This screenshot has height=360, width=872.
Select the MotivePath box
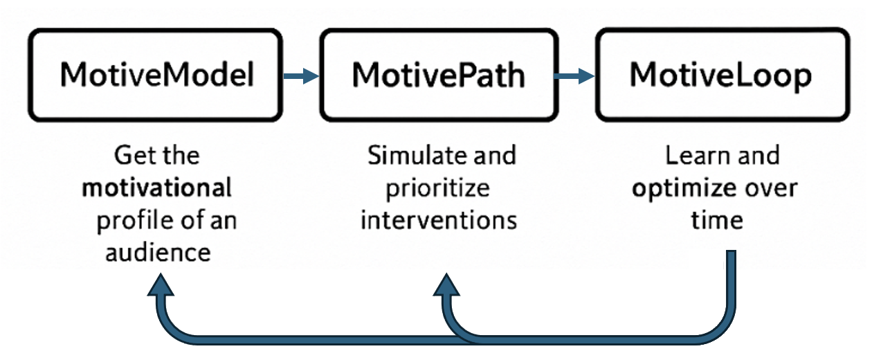click(x=438, y=75)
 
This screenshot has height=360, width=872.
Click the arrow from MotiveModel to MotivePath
click(x=302, y=76)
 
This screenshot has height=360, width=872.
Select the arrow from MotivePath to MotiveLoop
click(x=576, y=76)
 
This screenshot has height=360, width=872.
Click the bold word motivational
click(x=156, y=188)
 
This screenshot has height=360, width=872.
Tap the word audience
click(x=157, y=252)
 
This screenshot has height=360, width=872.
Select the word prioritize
click(x=437, y=188)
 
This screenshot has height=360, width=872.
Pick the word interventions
click(x=439, y=220)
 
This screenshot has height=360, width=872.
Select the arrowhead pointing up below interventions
click(x=446, y=285)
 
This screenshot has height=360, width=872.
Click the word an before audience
click(x=222, y=221)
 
